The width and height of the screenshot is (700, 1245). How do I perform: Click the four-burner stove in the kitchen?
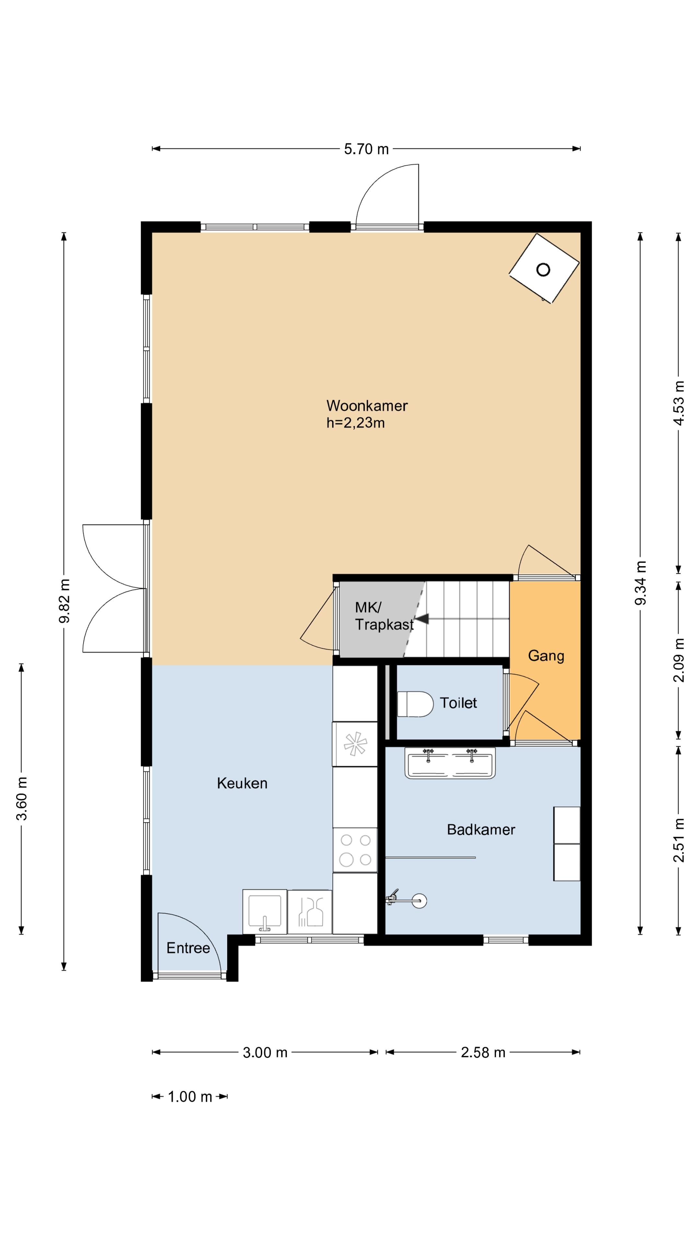tap(355, 850)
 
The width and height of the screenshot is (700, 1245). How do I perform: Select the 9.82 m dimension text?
tap(64, 601)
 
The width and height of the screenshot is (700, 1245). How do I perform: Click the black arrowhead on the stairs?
tap(421, 619)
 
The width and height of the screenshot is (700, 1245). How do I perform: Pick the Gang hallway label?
tap(546, 656)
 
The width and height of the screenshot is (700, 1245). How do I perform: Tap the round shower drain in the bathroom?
tap(419, 900)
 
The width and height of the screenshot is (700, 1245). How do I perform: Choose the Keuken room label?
tap(242, 783)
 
